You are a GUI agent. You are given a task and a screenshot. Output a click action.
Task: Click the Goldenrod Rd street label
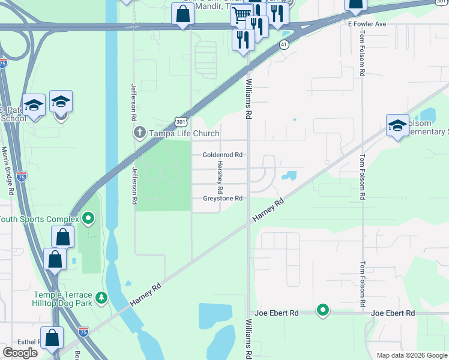222,154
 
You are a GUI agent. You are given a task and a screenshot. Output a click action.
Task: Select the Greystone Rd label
222,199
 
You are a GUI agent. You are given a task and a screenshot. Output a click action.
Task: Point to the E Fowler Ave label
367,23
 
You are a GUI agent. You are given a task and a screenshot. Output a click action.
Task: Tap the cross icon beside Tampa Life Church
139,133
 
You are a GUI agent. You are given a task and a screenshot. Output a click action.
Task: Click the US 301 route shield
181,121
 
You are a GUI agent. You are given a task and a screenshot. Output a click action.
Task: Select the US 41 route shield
284,44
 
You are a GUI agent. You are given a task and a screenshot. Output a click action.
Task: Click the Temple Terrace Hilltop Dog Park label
63,299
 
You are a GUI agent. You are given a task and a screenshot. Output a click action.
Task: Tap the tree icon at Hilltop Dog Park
102,296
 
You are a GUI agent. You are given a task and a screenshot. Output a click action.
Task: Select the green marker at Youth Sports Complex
88,218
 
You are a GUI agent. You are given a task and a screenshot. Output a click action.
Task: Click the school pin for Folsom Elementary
397,125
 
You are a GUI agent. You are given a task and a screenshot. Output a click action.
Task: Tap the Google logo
20,353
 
